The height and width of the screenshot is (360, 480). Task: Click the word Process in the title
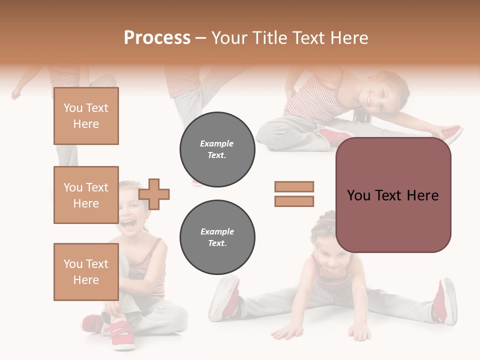[x=157, y=38]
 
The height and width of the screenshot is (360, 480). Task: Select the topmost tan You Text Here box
[x=86, y=116]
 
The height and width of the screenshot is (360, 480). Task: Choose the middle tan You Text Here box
[x=86, y=195]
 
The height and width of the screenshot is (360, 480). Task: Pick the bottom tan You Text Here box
[x=86, y=272]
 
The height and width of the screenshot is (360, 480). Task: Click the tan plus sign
[x=154, y=194]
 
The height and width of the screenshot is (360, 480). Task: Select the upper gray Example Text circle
[x=217, y=149]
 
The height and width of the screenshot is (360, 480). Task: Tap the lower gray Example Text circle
[x=217, y=237]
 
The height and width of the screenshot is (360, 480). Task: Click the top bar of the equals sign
[x=294, y=186]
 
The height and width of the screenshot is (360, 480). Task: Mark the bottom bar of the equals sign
[x=294, y=201]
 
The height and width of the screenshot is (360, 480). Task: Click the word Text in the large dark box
[x=392, y=195]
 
